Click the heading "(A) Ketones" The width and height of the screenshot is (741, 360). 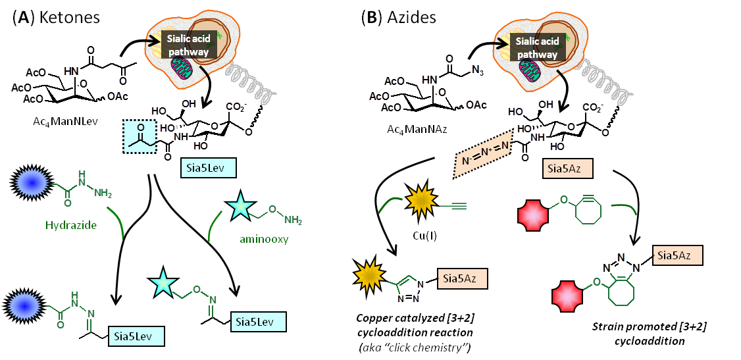(x=56, y=17)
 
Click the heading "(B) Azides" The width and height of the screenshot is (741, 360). (x=397, y=17)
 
